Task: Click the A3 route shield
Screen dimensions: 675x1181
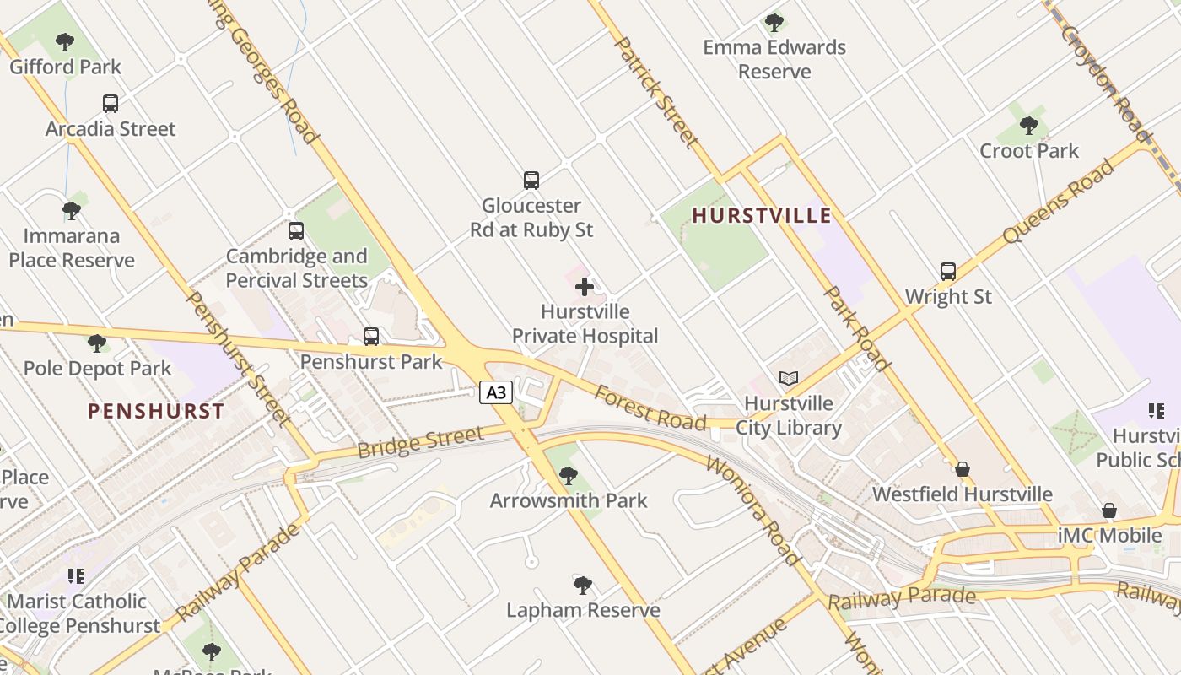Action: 497,392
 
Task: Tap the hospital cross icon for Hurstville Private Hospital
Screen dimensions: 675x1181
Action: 585,287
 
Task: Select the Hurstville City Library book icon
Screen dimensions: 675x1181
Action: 789,379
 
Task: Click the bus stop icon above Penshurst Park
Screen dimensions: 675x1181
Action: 371,337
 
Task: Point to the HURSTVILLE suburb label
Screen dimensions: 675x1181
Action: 762,216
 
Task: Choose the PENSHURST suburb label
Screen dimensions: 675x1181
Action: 156,412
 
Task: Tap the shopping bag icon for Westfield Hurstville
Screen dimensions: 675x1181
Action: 963,469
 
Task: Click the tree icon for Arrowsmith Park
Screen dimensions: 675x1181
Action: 569,476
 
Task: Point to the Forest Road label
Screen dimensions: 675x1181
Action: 650,407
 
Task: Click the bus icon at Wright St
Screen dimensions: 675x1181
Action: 948,272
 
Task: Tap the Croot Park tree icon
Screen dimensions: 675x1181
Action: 1028,126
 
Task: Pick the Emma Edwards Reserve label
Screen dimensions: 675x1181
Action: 774,59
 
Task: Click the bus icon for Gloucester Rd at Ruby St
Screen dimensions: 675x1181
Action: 531,181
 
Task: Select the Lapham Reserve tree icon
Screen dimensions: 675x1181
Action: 582,585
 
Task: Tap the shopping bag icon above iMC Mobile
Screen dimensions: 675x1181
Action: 1109,510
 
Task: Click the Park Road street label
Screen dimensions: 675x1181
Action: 857,329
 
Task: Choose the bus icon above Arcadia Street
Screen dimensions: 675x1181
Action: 111,104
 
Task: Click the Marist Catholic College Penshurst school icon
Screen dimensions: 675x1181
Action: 76,576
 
